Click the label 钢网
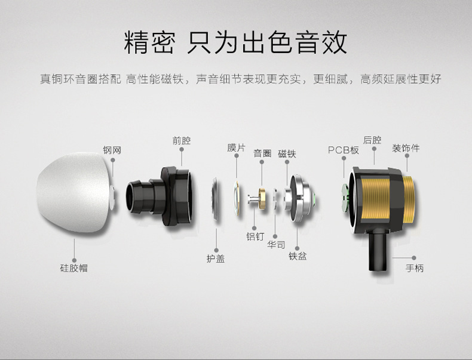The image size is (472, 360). coord(112,151)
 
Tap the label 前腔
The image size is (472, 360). coord(181,141)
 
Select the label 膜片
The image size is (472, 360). coord(236,147)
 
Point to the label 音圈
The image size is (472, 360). coord(262,153)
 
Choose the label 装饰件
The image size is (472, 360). coord(406,147)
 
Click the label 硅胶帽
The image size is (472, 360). coord(74,268)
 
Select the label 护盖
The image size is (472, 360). coord(216,259)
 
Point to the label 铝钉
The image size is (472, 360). coord(255,236)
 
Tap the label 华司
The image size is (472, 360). coord(276,245)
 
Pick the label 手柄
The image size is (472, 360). coord(415,268)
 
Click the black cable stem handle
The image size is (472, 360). coord(378,251)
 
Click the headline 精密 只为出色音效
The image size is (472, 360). coord(235,43)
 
